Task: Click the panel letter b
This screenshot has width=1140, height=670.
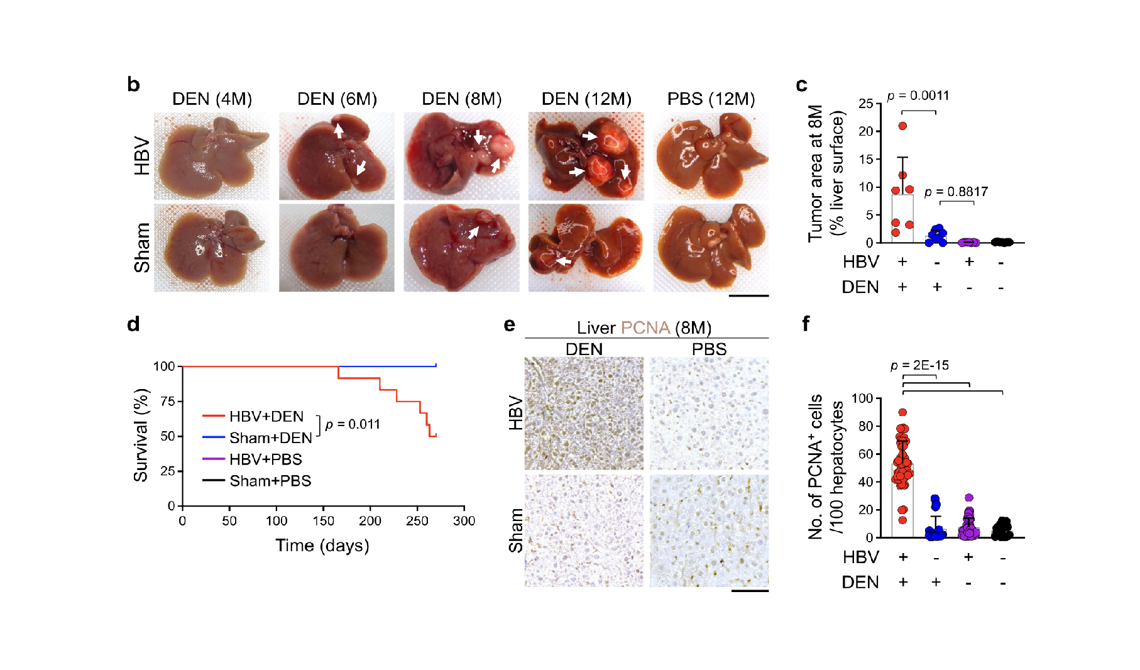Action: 133,84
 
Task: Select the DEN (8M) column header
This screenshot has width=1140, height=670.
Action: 461,99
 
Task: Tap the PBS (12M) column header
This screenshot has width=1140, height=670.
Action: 711,99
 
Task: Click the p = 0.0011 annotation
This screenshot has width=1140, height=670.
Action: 918,96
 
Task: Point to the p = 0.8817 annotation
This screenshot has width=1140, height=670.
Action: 956,192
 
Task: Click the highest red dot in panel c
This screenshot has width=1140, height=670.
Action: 902,126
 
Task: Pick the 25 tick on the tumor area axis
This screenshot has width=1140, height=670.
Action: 865,103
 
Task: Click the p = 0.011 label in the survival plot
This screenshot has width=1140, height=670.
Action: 353,424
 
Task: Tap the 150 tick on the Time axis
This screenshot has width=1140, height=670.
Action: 323,520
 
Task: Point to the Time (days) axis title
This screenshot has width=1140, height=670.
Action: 322,545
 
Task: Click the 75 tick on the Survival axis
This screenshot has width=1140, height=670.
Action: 167,401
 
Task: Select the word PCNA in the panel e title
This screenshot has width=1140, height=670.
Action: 645,327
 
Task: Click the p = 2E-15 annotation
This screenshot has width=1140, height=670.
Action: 919,365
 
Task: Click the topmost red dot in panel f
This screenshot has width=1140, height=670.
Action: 902,412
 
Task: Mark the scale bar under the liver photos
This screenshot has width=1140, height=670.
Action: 748,295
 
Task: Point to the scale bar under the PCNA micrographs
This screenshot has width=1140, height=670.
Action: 750,591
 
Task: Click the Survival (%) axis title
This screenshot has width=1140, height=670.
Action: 141,435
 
